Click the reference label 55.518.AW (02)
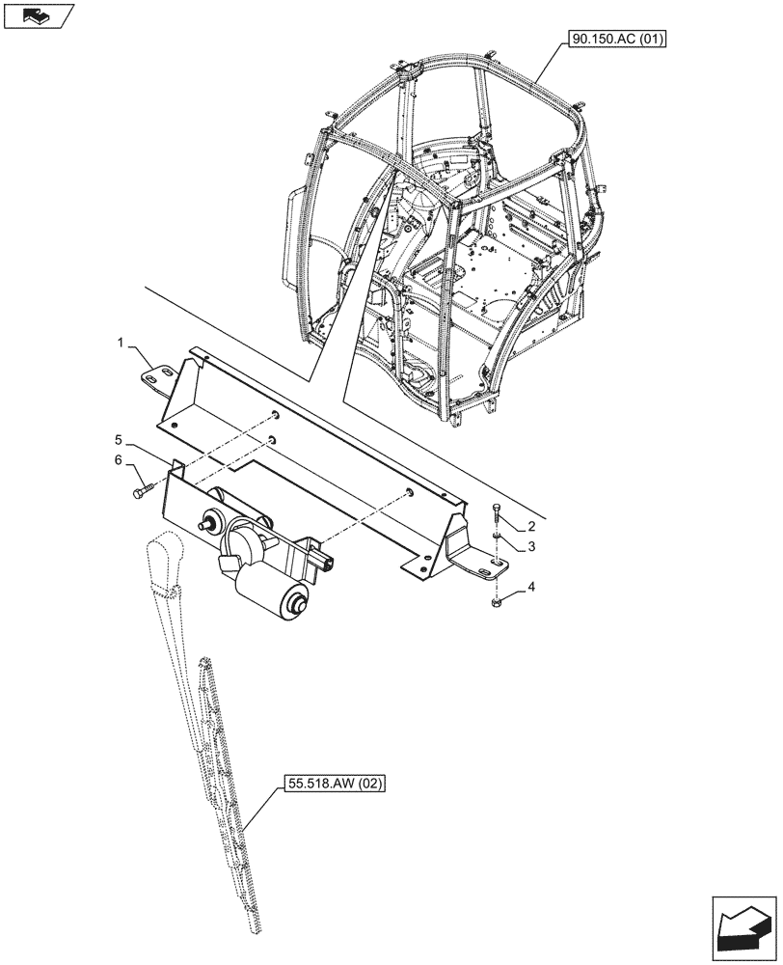[334, 785]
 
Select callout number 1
[121, 344]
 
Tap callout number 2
[532, 527]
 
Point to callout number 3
[532, 547]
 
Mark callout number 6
[119, 461]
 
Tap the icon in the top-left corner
[39, 14]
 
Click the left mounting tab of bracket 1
[159, 372]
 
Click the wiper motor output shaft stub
[205, 524]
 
